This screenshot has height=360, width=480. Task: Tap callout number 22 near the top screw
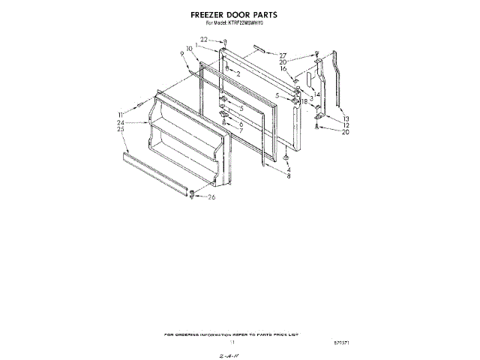point(203,39)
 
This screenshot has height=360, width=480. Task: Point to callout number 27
point(283,55)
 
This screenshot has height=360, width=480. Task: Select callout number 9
point(182,54)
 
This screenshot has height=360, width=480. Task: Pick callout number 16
point(283,69)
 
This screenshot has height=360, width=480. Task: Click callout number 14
point(316,94)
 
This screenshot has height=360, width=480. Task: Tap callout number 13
point(346,119)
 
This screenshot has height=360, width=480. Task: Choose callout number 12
point(346,125)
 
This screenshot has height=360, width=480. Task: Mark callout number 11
point(120,114)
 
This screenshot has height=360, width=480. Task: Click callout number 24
point(120,122)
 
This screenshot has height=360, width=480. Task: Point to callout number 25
point(120,129)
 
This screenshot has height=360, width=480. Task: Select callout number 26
point(211,197)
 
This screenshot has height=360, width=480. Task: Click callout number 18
point(304,101)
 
